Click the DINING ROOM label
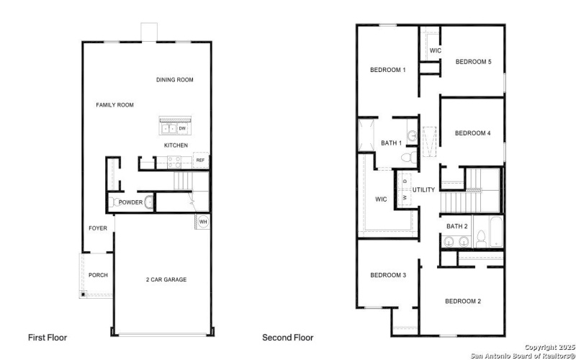[x=175, y=80]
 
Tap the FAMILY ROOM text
[x=115, y=105]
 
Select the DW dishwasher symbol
[x=182, y=129]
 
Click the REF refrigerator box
[x=200, y=161]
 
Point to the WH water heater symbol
[x=202, y=221]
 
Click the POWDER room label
[x=130, y=202]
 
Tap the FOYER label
[x=98, y=228]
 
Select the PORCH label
[x=98, y=275]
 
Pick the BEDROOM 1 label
[x=388, y=70]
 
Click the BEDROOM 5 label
[x=473, y=62]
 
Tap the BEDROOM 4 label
[x=473, y=133]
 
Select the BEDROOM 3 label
[x=388, y=275]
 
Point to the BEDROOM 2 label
[x=462, y=301]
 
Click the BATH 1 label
[x=391, y=143]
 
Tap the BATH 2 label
[x=457, y=227]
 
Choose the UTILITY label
[x=423, y=190]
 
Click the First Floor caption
[x=48, y=337]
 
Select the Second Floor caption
[x=288, y=337]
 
